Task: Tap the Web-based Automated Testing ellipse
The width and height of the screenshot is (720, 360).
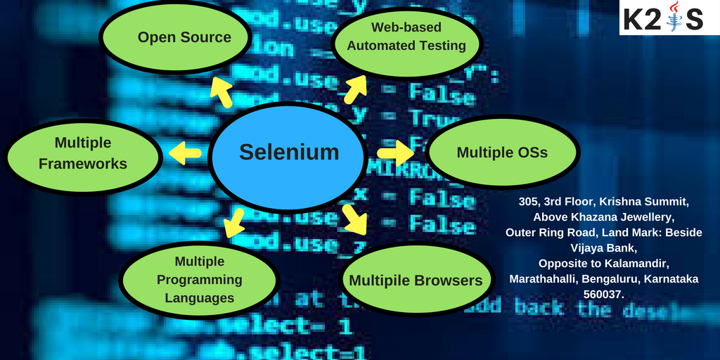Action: [x=407, y=37]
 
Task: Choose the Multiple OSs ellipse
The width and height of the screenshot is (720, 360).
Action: [x=502, y=153]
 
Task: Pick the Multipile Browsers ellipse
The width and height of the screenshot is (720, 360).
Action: [x=416, y=280]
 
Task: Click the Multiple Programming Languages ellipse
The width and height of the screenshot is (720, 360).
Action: [x=200, y=280]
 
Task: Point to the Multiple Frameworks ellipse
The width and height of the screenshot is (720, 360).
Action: [x=83, y=153]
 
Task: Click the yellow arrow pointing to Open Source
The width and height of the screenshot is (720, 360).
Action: [x=221, y=92]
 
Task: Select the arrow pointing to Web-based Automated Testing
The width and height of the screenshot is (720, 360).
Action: [x=354, y=87]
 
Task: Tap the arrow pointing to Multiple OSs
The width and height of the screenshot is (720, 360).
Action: [x=395, y=153]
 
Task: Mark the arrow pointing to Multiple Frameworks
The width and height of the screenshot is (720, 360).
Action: [x=185, y=153]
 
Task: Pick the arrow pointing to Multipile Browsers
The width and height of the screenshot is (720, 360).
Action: [x=355, y=219]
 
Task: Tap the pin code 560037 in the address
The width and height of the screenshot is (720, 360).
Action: [x=603, y=294]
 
